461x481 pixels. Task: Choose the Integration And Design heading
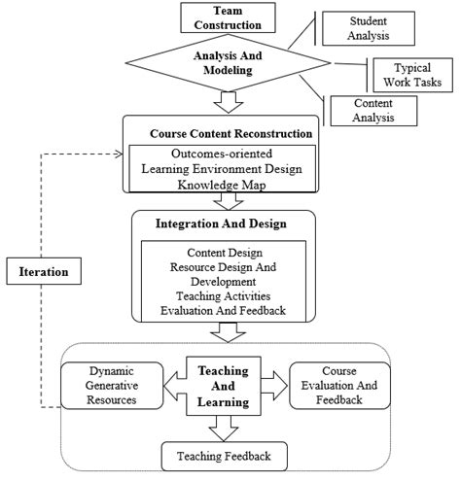point(223,224)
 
